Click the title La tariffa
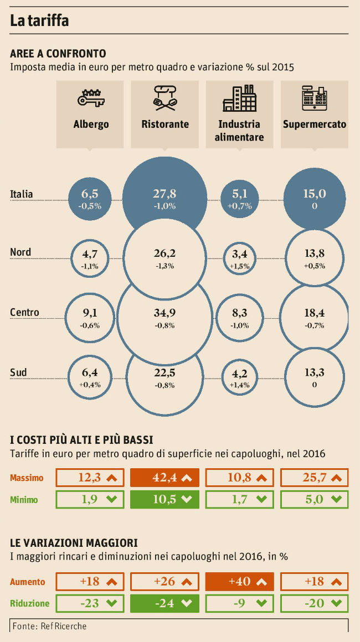pyautogui.click(x=39, y=21)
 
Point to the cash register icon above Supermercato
pyautogui.click(x=315, y=99)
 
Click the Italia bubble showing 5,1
pyautogui.click(x=240, y=198)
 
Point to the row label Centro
pyautogui.click(x=24, y=312)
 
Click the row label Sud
pyautogui.click(x=18, y=372)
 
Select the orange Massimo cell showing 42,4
pyautogui.click(x=164, y=478)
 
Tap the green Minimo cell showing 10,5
pyautogui.click(x=164, y=499)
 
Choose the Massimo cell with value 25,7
pyautogui.click(x=315, y=478)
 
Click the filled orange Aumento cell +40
pyautogui.click(x=239, y=582)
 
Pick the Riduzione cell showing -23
pyautogui.click(x=90, y=603)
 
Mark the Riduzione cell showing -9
pyautogui.click(x=239, y=603)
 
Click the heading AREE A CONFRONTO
pyautogui.click(x=58, y=54)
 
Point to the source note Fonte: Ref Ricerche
pyautogui.click(x=49, y=626)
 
